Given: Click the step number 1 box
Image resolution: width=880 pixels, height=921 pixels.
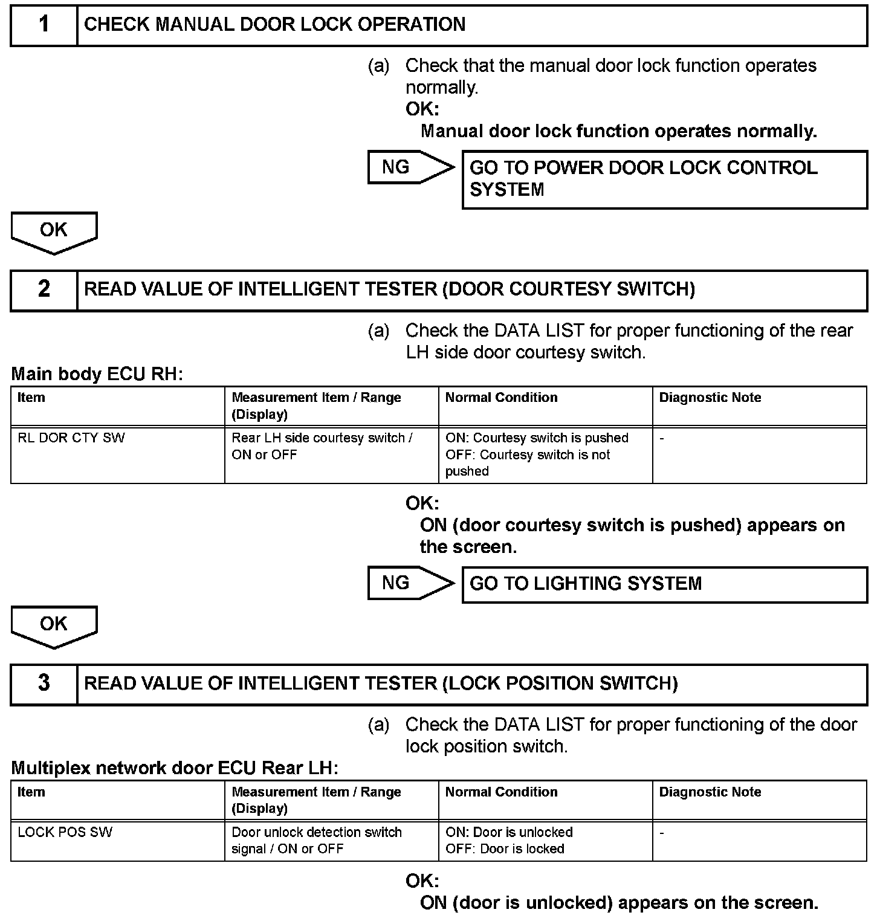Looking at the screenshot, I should click(x=44, y=25).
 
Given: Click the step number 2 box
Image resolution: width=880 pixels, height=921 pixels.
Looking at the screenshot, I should click(x=44, y=289).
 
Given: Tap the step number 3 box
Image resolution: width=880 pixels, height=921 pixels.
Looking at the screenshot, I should click(x=44, y=683).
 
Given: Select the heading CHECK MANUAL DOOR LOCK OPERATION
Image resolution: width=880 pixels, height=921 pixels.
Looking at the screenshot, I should click(x=274, y=25).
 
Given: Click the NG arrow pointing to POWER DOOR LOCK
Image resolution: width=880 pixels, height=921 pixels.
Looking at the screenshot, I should click(x=410, y=167).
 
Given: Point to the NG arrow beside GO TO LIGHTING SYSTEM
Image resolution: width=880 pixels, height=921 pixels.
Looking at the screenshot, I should click(x=410, y=583).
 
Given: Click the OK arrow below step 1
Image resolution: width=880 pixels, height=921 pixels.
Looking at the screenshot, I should click(x=54, y=231).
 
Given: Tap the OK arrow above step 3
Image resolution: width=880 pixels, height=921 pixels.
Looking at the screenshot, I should click(x=54, y=625).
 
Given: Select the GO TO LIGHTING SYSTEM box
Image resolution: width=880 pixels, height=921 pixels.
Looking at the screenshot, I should click(x=664, y=584).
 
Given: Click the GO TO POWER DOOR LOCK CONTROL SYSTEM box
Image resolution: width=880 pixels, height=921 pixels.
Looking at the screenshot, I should click(x=664, y=179).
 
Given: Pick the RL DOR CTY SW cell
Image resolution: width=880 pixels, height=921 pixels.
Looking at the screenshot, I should click(x=117, y=454).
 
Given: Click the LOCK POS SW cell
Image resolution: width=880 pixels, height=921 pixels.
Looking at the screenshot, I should click(x=117, y=840).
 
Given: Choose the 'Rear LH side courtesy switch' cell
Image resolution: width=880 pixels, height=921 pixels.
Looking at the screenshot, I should click(x=331, y=454).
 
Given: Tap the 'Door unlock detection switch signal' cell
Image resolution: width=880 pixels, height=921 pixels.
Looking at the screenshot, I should click(x=331, y=840).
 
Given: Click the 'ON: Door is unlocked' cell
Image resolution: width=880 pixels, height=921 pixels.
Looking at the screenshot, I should click(x=545, y=840).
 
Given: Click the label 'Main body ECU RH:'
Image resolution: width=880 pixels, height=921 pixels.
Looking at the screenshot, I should click(x=97, y=374).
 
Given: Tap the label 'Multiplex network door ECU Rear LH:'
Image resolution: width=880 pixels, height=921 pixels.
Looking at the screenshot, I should click(x=175, y=768).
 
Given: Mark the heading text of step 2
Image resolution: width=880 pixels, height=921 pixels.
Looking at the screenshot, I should click(x=389, y=289).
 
